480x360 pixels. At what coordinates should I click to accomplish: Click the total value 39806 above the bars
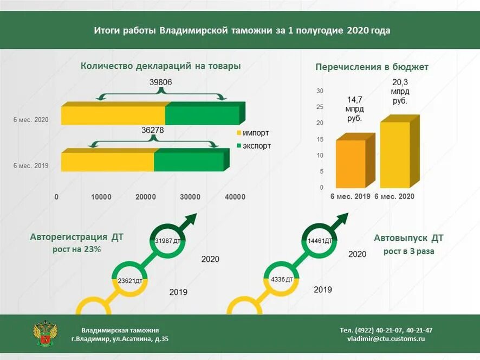(x=160, y=83)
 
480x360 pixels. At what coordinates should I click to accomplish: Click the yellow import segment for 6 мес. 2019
(x=107, y=162)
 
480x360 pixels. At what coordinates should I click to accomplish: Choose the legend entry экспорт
(x=253, y=146)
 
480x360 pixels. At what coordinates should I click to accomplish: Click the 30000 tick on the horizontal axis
(x=190, y=197)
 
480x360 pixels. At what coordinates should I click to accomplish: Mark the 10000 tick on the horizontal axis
(x=101, y=197)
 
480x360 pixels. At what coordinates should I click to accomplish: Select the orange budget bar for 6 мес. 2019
(x=351, y=164)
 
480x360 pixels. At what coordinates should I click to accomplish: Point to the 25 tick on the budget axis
(x=320, y=107)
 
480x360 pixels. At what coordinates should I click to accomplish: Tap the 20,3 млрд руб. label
(x=400, y=92)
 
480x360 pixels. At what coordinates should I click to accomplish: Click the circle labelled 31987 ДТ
(x=167, y=241)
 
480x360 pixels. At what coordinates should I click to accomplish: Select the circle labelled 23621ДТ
(x=129, y=281)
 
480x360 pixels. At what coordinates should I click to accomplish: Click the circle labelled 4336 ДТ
(x=281, y=280)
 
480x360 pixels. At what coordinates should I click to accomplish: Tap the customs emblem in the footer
(x=46, y=333)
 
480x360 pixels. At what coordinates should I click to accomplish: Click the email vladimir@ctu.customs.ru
(x=386, y=338)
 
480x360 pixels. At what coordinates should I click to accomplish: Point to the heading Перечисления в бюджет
(x=372, y=67)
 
